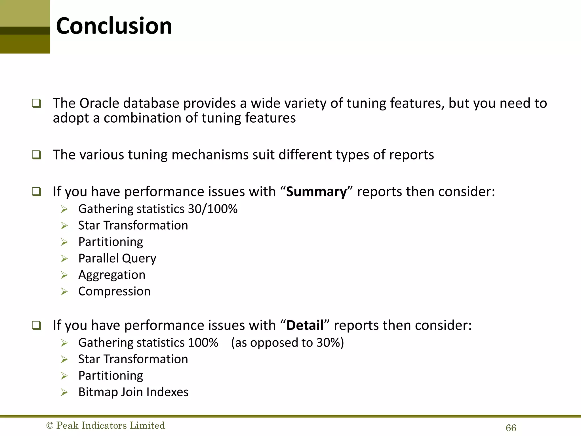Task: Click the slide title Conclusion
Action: pos(114,26)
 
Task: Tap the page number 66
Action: pos(511,428)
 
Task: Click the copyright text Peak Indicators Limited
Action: pos(106,425)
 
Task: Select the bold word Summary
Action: pos(316,192)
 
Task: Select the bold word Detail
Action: pos(305,325)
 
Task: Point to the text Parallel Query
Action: pos(117,258)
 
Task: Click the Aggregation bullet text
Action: pos(112,275)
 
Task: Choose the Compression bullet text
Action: pos(114,291)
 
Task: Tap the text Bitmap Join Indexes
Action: pos(133,392)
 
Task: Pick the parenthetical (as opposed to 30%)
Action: pos(287,343)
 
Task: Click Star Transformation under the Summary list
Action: pos(133,225)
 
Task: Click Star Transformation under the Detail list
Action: pos(133,359)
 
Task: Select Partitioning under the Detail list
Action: pos(111,376)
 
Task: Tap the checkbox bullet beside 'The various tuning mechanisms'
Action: pos(36,155)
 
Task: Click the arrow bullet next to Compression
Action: pos(64,292)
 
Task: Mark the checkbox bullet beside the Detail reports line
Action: pos(36,325)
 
